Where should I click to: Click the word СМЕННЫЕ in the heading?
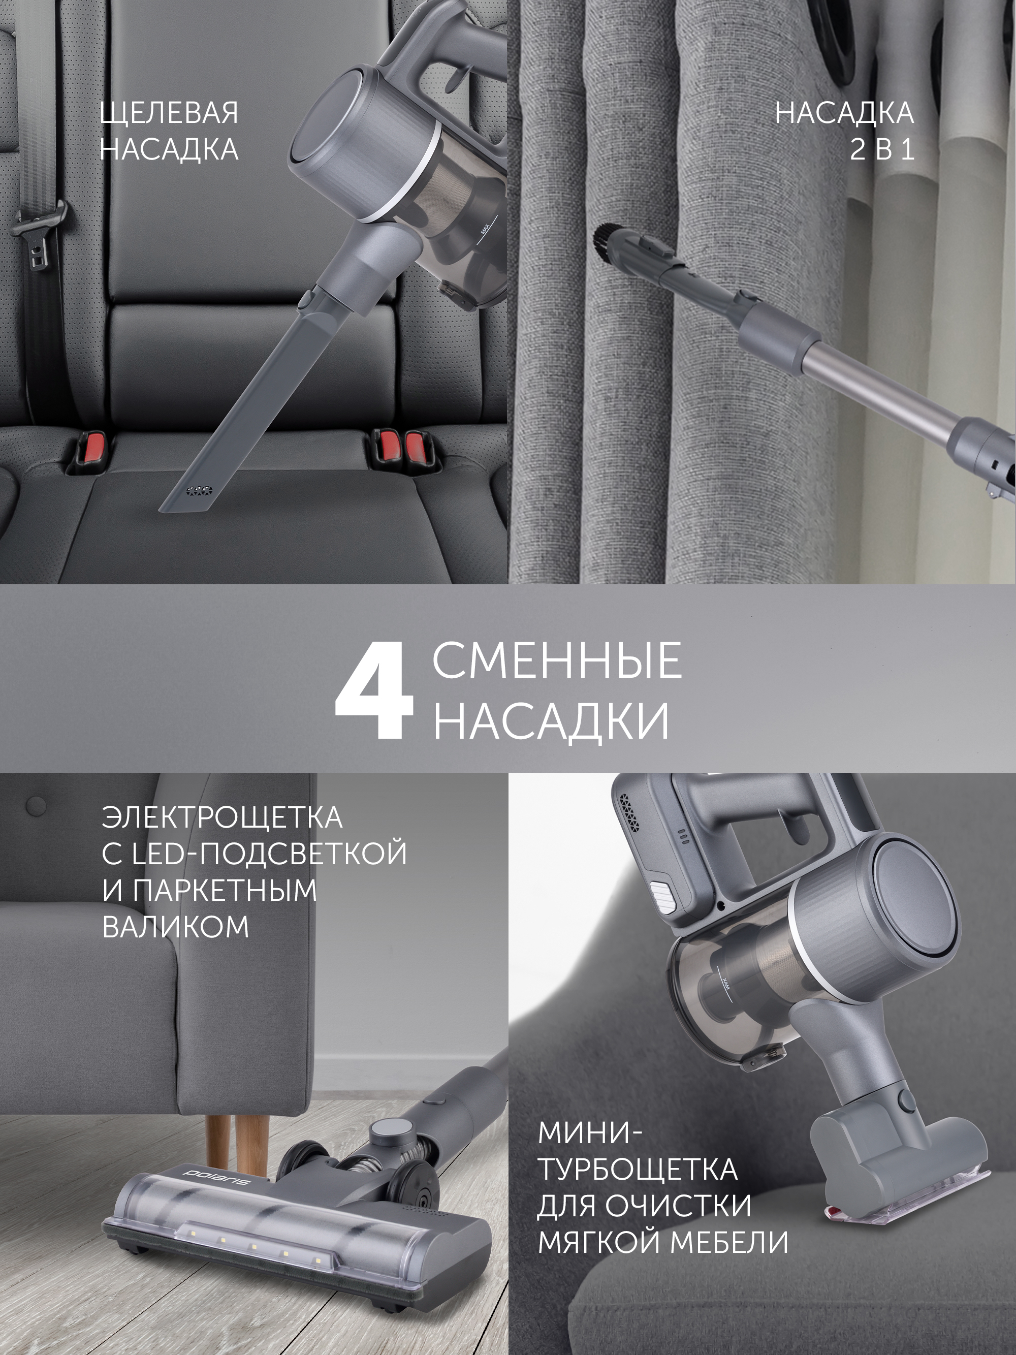pyautogui.click(x=557, y=661)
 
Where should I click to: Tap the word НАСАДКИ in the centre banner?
pyautogui.click(x=551, y=723)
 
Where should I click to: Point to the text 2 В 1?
pyautogui.click(x=882, y=149)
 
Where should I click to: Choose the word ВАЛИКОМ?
pyautogui.click(x=176, y=927)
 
